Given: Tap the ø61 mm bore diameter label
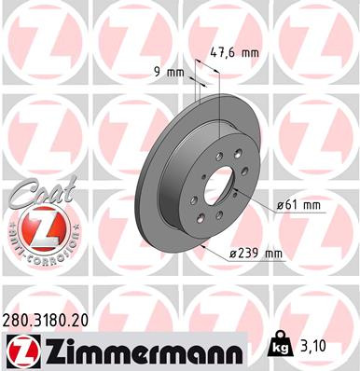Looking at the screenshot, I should pyautogui.click(x=299, y=204).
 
